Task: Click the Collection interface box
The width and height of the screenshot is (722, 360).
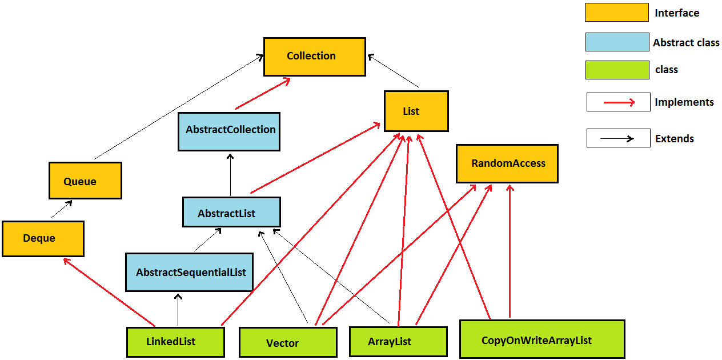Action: (314, 57)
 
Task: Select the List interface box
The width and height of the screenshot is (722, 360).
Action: (416, 111)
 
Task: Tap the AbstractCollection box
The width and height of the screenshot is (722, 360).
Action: (229, 131)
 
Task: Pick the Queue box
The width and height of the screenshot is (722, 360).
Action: (85, 181)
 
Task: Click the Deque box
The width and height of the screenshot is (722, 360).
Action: (43, 238)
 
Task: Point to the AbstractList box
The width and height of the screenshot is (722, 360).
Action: (231, 212)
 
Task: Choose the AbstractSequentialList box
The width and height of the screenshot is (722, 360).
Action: (189, 272)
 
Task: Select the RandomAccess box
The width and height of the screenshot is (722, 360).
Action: (507, 163)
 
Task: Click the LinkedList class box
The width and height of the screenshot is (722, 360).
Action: (175, 342)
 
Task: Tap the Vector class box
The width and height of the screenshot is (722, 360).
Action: (287, 342)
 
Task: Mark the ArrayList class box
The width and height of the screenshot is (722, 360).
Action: (398, 341)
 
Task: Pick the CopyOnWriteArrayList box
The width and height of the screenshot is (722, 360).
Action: (541, 339)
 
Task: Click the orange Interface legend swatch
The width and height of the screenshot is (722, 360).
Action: (616, 13)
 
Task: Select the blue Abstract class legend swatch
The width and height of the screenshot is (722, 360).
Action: (617, 42)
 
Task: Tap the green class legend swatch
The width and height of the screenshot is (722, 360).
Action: (617, 70)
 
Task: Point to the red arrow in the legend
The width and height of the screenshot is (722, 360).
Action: (618, 102)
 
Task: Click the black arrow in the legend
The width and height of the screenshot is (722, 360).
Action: (618, 138)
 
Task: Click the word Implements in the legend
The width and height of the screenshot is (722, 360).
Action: (684, 102)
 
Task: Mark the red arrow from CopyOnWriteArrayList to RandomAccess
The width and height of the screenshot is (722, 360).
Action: (510, 251)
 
